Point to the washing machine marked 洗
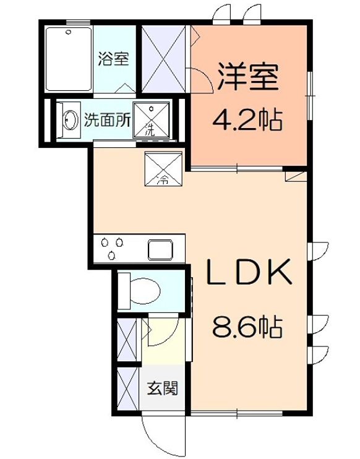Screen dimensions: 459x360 pos(152,120)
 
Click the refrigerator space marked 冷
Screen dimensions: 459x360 pos(163,169)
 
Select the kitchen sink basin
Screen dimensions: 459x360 pos(163,250)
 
